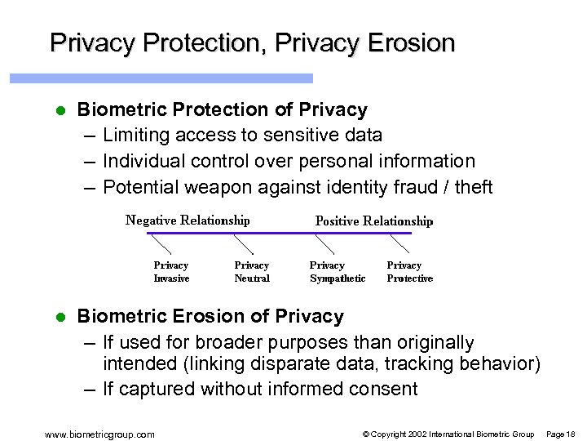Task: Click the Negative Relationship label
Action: [188, 220]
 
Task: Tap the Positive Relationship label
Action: [374, 221]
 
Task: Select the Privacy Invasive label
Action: [171, 272]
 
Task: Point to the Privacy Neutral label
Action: [252, 272]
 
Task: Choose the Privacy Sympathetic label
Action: [338, 272]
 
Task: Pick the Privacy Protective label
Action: [409, 272]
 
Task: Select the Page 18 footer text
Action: [561, 434]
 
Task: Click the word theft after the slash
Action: [474, 188]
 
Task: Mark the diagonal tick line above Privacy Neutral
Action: [243, 243]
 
